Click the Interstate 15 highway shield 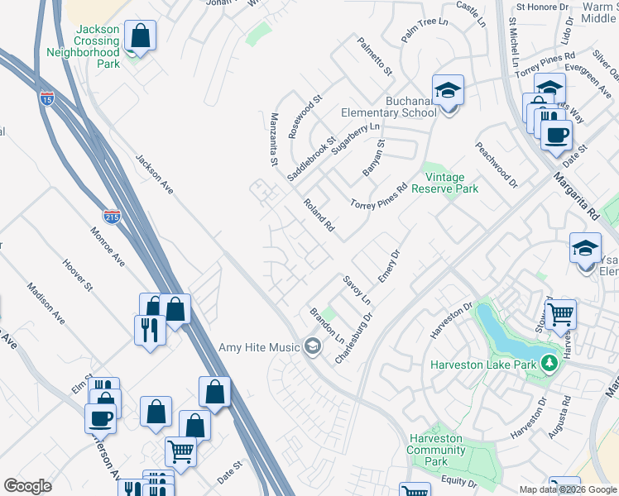tap(46, 98)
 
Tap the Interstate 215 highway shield tap(113, 217)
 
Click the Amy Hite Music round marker tap(312, 346)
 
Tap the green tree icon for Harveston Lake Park tap(548, 363)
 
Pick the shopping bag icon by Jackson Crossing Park tap(141, 36)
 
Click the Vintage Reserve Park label tap(451, 183)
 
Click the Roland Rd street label tap(319, 215)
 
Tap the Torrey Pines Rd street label tap(379, 196)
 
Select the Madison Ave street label tap(46, 303)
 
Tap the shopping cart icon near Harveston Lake tap(560, 314)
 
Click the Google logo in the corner tap(27, 486)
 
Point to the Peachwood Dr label tap(496, 164)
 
